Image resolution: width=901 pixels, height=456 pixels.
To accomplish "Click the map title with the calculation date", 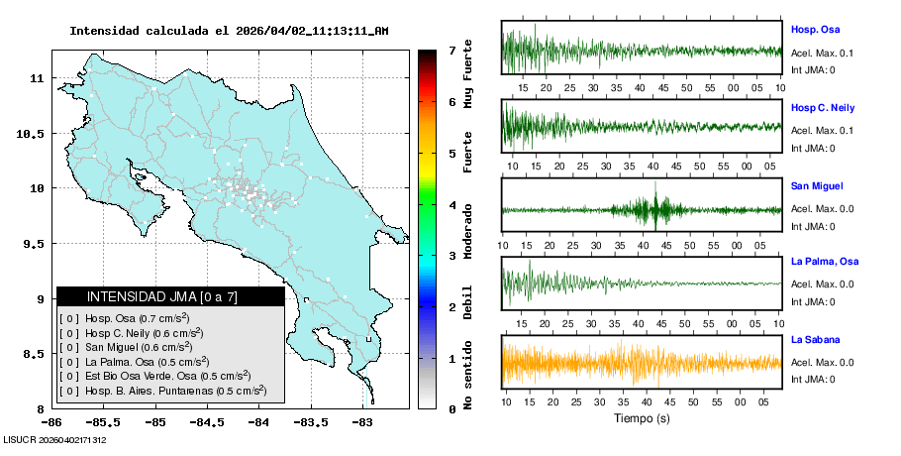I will [x=229, y=31].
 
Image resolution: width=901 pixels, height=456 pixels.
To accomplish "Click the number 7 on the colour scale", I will [x=451, y=50].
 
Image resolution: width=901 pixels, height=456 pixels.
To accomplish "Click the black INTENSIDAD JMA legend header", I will [x=170, y=296].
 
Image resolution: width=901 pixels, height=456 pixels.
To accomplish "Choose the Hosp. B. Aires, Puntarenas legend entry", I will [x=163, y=391].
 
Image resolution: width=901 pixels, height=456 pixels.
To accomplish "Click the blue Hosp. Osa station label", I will [x=815, y=30].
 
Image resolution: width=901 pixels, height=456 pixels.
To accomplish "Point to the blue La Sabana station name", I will [x=815, y=340].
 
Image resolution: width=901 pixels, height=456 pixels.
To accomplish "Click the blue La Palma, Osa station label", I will [x=825, y=262].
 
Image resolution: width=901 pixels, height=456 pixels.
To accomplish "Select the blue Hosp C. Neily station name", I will [x=823, y=107].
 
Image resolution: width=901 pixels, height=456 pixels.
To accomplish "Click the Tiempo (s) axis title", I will [x=642, y=418].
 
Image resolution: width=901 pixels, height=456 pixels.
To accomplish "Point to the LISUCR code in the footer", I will [x=55, y=439].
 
